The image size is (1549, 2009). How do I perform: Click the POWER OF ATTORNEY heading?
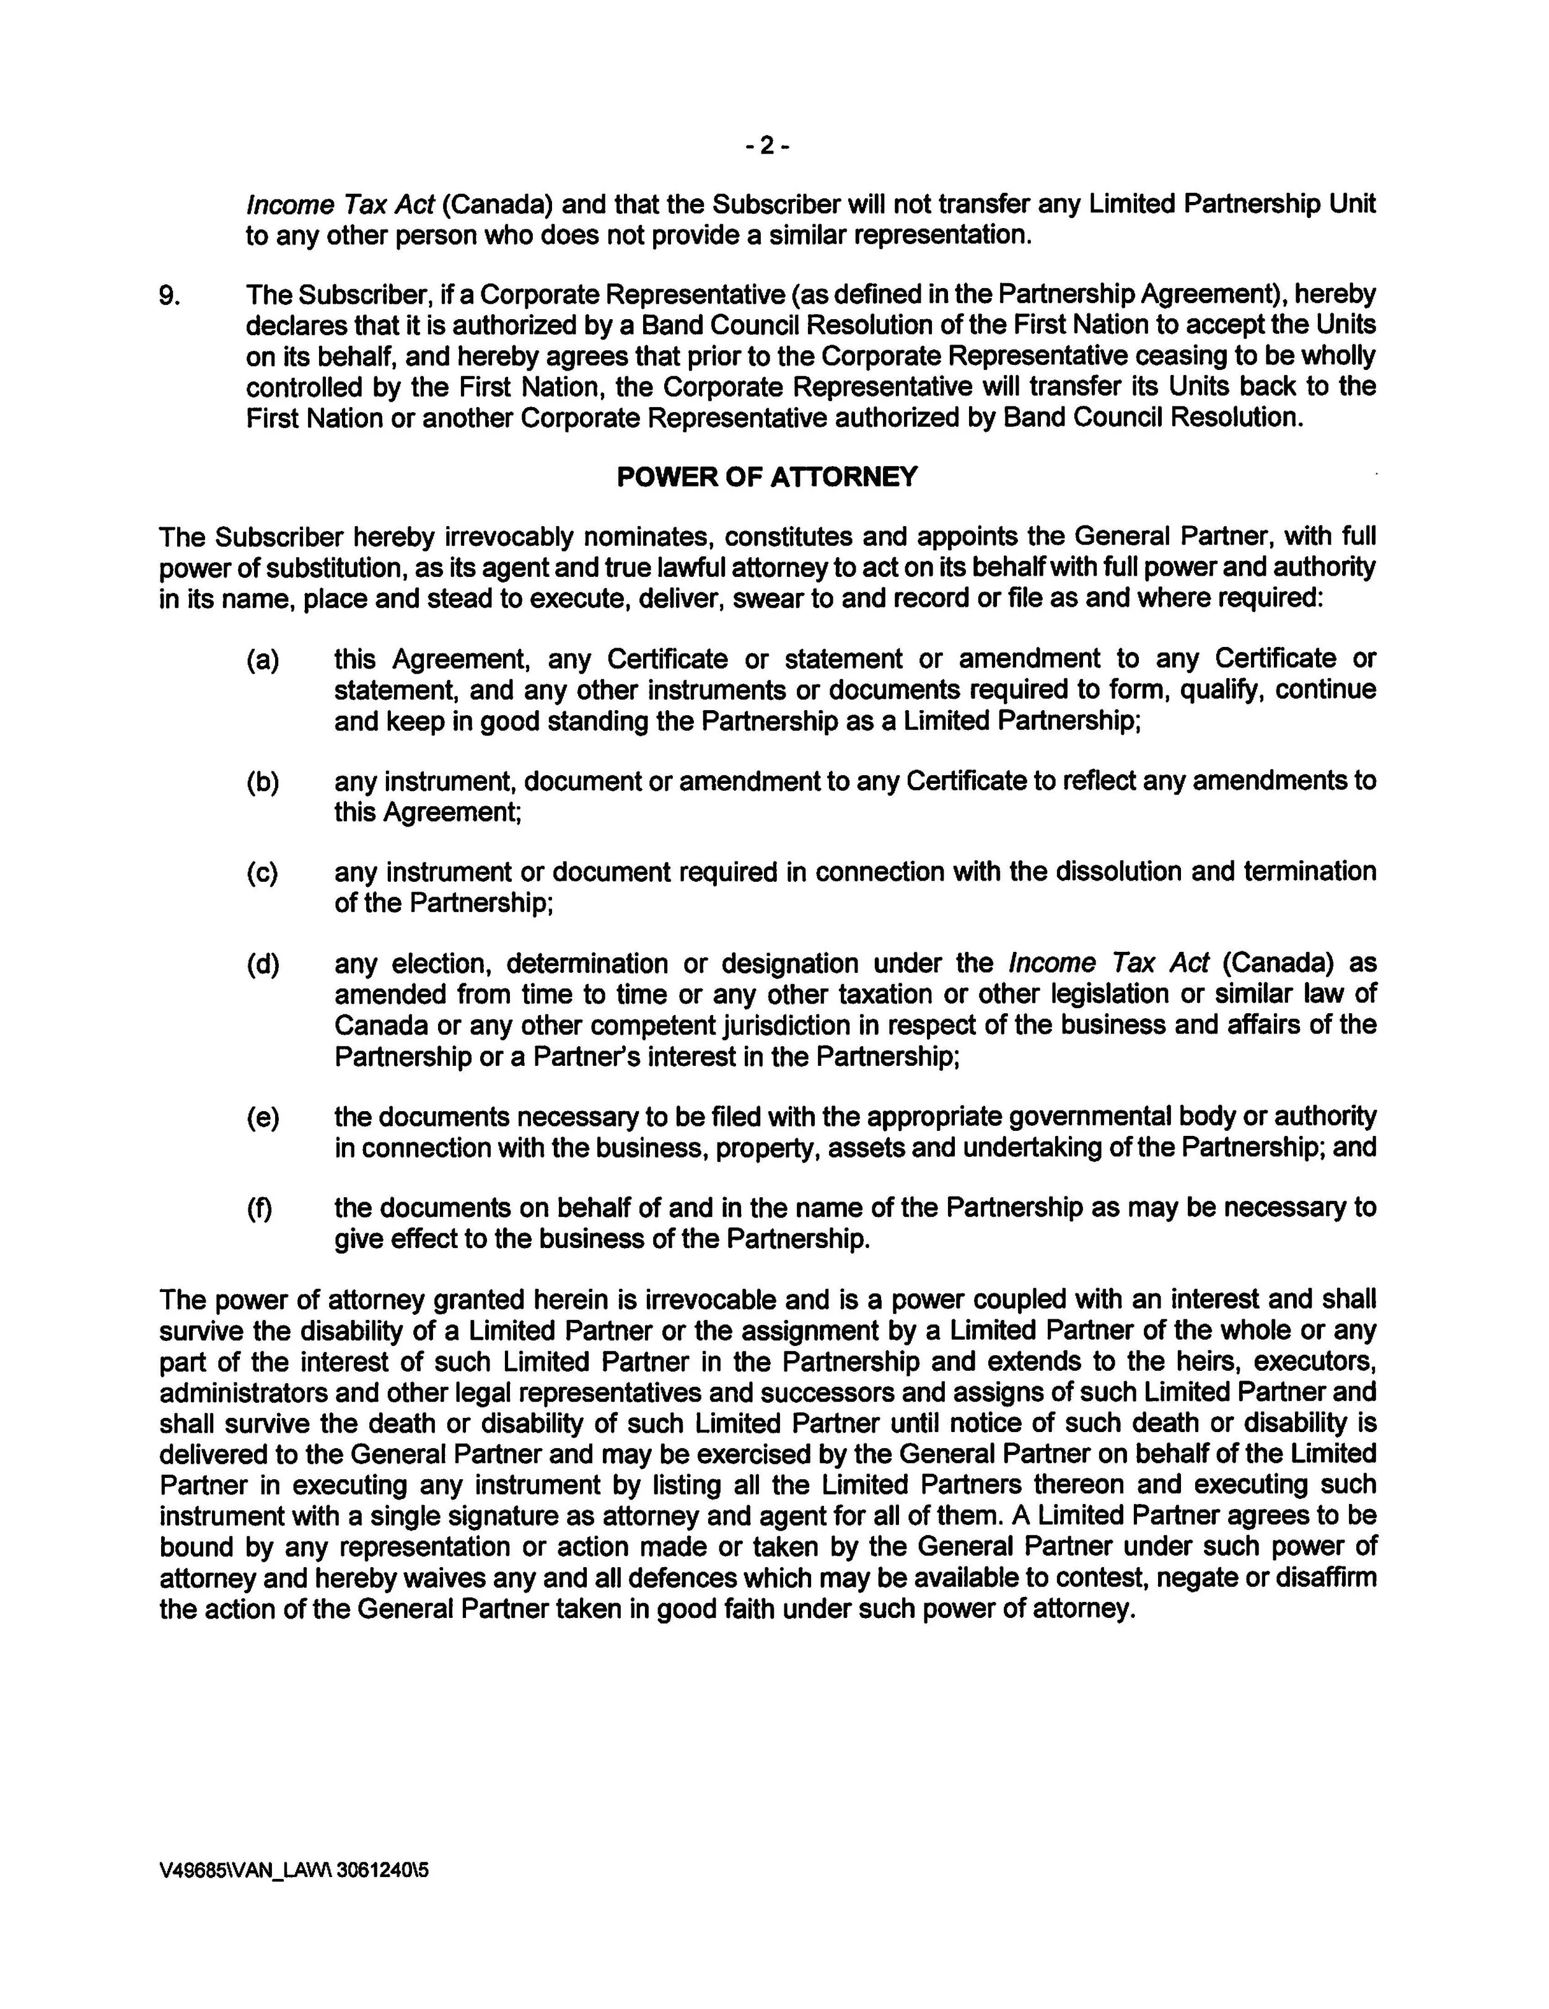pyautogui.click(x=766, y=477)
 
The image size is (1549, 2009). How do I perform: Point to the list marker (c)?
pyautogui.click(x=262, y=872)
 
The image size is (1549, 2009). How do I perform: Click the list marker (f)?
pyautogui.click(x=260, y=1208)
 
